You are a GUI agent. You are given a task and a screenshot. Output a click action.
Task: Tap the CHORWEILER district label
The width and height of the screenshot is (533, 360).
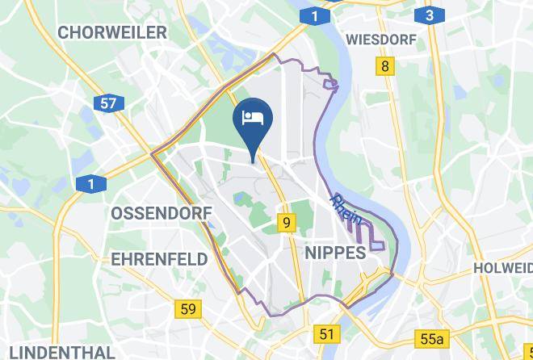[112, 33]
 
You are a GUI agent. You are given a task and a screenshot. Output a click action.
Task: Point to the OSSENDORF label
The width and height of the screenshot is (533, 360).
[161, 213]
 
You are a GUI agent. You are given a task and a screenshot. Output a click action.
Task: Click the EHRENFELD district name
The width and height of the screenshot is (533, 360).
[159, 259]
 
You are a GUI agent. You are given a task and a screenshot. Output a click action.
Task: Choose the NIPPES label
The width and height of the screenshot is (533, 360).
[335, 253]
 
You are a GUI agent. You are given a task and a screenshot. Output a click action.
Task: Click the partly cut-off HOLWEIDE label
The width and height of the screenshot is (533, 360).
[502, 267]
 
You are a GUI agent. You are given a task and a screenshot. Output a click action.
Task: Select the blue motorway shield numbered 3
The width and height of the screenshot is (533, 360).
[430, 15]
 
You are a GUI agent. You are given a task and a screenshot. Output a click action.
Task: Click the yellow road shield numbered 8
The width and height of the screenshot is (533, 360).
[385, 66]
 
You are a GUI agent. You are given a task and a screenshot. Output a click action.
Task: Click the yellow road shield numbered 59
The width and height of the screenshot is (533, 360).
[188, 308]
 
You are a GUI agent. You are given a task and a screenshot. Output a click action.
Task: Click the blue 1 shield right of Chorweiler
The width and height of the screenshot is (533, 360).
[314, 15]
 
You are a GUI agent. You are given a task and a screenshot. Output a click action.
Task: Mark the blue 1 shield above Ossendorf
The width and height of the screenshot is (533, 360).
[90, 185]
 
